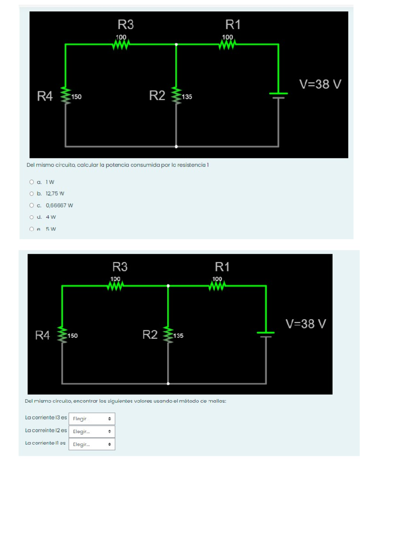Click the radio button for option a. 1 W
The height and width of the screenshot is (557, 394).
32,182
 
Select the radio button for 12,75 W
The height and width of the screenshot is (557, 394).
32,194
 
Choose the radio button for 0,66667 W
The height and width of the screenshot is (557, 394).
32,205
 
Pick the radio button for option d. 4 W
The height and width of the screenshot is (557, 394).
32,217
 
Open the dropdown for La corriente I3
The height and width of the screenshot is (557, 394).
92,419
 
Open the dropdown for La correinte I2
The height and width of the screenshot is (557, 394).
92,432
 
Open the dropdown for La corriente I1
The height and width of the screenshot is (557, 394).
92,444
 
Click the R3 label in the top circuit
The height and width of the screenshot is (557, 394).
126,25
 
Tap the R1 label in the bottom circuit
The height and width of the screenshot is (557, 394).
222,267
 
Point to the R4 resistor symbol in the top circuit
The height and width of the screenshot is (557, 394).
66,96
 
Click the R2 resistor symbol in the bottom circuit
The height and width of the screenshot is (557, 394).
168,334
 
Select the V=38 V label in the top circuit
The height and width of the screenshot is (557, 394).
320,84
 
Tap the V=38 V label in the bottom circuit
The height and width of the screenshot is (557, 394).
306,324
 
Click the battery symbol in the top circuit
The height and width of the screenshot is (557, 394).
278,95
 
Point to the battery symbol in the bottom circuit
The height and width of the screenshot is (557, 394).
266,334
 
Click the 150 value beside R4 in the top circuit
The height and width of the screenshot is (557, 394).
77,97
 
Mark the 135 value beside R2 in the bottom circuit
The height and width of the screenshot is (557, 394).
178,336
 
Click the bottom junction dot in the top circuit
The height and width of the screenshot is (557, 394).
176,146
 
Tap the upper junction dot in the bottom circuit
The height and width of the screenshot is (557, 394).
168,286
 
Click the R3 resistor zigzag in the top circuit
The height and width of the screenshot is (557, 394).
121,44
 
